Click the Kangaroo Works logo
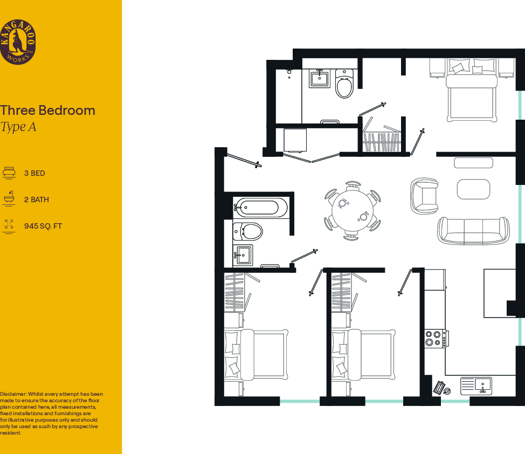(18, 42)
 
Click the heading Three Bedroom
(47, 111)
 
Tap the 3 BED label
(34, 173)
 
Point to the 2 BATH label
(36, 200)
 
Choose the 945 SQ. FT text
(43, 226)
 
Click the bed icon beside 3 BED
(9, 173)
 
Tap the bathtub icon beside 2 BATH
(9, 199)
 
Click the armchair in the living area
(424, 196)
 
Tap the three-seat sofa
(473, 230)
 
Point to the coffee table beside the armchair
(473, 189)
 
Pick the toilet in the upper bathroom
(343, 84)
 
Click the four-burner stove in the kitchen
(434, 338)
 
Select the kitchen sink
(476, 386)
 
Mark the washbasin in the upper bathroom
(320, 78)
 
